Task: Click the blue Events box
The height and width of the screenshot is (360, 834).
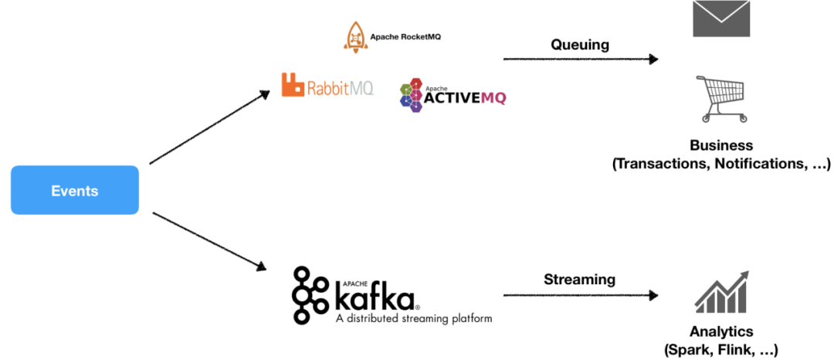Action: [x=74, y=190]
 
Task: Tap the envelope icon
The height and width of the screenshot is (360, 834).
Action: [x=721, y=19]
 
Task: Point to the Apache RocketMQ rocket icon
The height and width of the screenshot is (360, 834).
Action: [x=355, y=36]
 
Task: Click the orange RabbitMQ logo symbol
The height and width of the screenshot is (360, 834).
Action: [x=292, y=85]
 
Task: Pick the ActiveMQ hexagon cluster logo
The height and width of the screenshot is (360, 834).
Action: [x=412, y=95]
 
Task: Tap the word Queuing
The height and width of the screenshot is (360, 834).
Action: [x=579, y=45]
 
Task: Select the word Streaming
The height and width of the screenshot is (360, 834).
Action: [x=579, y=280]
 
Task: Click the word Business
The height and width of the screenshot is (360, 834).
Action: [x=721, y=146]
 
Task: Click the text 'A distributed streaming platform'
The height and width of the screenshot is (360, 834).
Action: [x=413, y=318]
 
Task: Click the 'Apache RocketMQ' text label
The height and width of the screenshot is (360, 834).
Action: [x=405, y=36]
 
